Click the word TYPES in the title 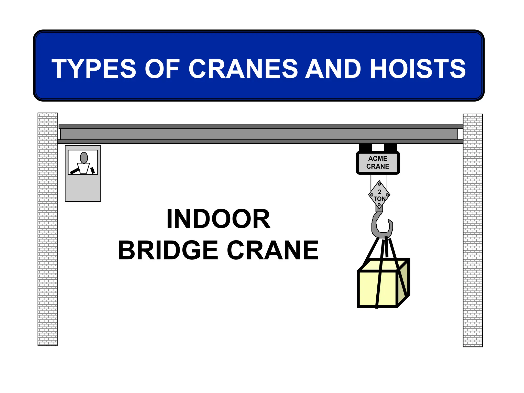pyautogui.click(x=94, y=69)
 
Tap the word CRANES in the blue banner pyautogui.click(x=243, y=69)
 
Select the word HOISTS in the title pyautogui.click(x=418, y=69)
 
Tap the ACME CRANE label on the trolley pyautogui.click(x=378, y=162)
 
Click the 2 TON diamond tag pyautogui.click(x=379, y=195)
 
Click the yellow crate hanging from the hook pyautogui.click(x=377, y=288)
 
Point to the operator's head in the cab pyautogui.click(x=84, y=158)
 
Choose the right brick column pyautogui.click(x=473, y=230)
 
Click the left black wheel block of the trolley pyautogui.click(x=365, y=148)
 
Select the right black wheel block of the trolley pyautogui.click(x=390, y=148)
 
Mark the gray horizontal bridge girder pyautogui.click(x=259, y=134)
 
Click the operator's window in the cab pyautogui.click(x=83, y=162)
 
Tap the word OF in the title pyautogui.click(x=162, y=69)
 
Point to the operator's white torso pyautogui.click(x=83, y=168)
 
